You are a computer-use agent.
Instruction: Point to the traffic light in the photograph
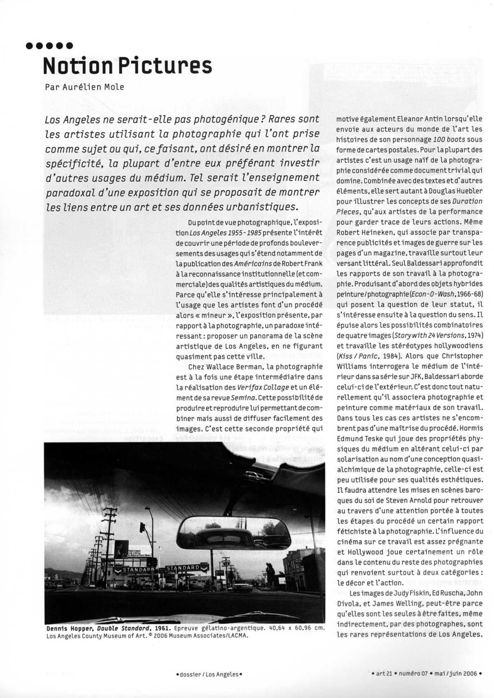coord(142,527)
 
